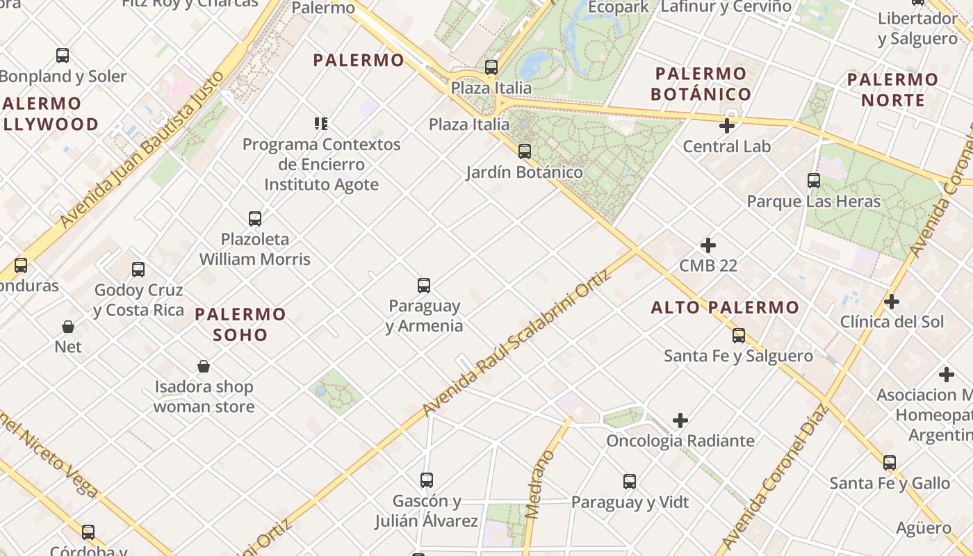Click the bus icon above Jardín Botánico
point(525,151)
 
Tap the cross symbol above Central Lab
point(727,126)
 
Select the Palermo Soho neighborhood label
point(240,324)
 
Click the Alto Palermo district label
point(725,307)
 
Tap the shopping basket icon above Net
point(68,327)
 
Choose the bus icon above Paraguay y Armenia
point(424,285)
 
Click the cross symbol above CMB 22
point(708,245)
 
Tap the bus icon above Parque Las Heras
point(814,181)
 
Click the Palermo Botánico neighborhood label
point(701,84)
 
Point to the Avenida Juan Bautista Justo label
point(142,149)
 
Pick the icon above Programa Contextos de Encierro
point(320,124)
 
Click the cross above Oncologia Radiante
point(680,420)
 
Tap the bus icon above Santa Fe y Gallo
point(890,462)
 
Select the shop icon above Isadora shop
point(204,366)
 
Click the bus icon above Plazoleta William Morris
point(255,219)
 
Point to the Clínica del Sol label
point(892,322)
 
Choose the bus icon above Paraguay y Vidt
point(630,481)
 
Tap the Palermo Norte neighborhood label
point(892,90)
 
